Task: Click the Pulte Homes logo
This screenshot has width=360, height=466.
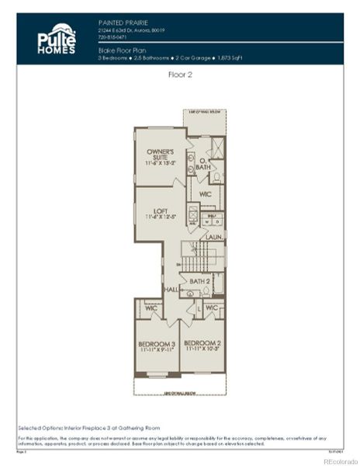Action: pos(57,38)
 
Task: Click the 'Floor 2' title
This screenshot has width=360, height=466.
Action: pos(180,75)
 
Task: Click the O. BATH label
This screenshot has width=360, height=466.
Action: pos(202,165)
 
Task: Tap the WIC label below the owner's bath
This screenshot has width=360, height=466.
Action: pos(206,194)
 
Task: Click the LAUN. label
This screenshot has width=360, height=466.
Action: pos(214,236)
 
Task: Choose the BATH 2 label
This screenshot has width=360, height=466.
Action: pos(200,281)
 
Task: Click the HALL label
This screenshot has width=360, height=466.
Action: pos(171,289)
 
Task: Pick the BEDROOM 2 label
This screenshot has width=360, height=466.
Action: pos(203,344)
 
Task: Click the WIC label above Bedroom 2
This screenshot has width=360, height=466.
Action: pos(211,308)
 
